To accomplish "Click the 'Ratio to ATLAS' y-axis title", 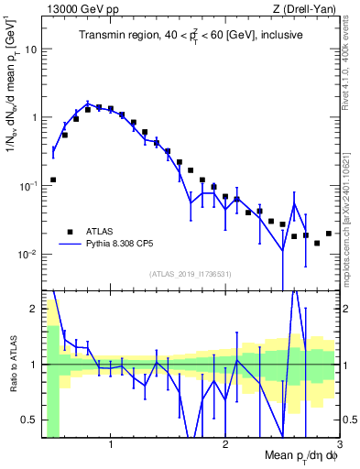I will coord(13,364).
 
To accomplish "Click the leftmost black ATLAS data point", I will coord(53,180).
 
